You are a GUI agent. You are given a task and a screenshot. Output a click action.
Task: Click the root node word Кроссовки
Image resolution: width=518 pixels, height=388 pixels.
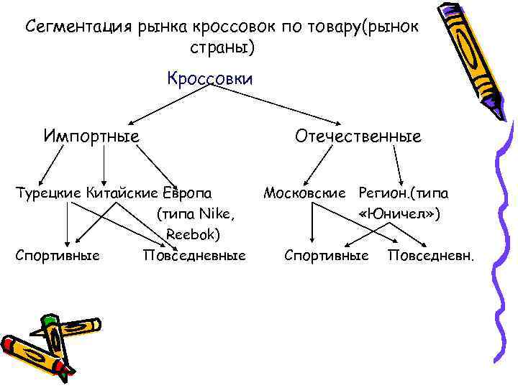[209, 78]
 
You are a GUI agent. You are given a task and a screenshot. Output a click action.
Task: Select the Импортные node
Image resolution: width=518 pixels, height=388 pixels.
[91, 136]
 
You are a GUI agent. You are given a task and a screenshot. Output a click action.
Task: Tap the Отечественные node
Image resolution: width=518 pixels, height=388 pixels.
[357, 136]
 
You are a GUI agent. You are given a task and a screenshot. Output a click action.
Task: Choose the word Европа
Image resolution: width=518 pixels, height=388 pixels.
[188, 193]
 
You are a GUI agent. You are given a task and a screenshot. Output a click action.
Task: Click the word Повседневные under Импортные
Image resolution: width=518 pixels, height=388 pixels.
[194, 255]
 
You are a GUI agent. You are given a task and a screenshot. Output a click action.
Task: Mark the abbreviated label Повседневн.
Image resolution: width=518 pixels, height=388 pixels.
[431, 255]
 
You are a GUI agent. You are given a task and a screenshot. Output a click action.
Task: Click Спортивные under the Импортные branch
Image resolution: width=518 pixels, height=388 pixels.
[58, 255]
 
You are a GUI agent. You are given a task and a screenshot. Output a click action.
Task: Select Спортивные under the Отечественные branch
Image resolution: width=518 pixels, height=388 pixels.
[326, 255]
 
